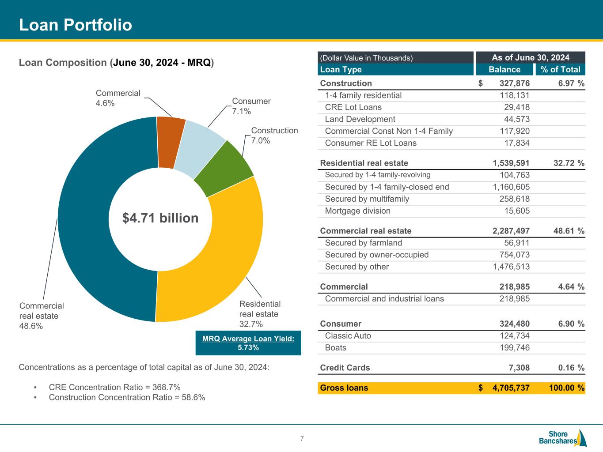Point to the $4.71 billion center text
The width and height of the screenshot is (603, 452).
pos(160,218)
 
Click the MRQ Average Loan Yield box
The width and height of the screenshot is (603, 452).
pos(248,343)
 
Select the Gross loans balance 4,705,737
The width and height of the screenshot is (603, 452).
pos(511,388)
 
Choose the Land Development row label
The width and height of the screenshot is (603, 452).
pos(360,119)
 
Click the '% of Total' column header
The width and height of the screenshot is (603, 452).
pos(560,69)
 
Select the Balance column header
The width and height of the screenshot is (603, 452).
pos(504,69)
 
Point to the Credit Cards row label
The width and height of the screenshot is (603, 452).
pos(345,368)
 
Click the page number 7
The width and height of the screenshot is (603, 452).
pos(302,439)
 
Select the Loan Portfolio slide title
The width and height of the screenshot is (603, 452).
pos(76,25)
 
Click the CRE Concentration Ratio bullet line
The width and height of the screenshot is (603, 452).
pos(114,388)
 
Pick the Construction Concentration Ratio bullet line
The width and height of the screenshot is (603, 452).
pos(127,397)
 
